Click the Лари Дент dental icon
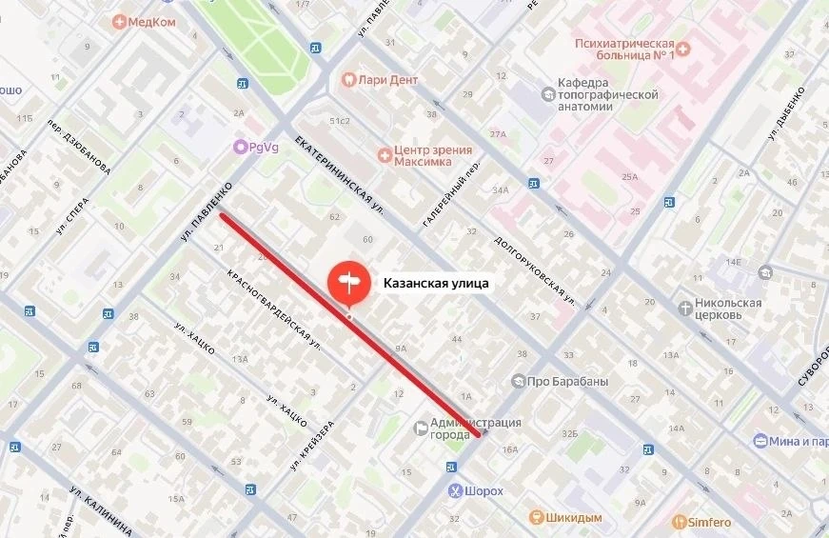click(348, 80)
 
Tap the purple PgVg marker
click(241, 148)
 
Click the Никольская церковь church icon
click(687, 307)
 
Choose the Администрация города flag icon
click(420, 429)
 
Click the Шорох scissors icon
click(456, 491)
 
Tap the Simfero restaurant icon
click(679, 522)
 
